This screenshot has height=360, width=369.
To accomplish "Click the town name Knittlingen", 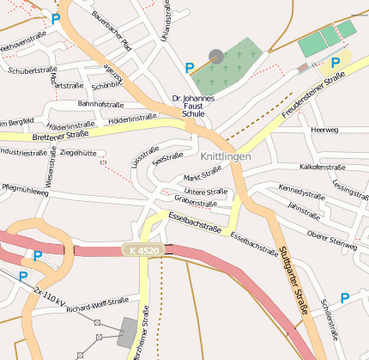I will coord(226,156).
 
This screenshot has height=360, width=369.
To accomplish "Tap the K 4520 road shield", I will coord(142,250).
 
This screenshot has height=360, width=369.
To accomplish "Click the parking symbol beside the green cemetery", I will coord(190,66).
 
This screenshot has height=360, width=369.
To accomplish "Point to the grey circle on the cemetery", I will coord(216,56).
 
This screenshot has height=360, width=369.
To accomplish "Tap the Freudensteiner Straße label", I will coord(313,95).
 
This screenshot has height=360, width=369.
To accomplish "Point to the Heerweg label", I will coord(324,130).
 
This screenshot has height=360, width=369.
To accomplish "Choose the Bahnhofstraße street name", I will coord(101,104).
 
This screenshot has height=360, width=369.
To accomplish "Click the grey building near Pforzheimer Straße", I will coord(130,332).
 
